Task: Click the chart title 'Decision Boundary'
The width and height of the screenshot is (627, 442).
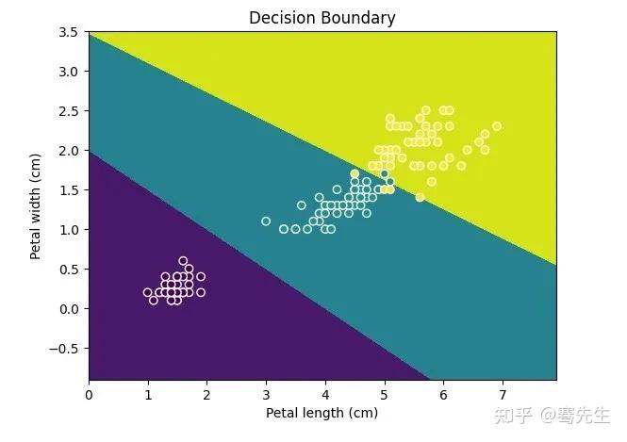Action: (322, 18)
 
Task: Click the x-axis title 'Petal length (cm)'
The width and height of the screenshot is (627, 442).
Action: (322, 413)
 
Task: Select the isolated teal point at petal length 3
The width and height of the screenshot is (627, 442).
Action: (266, 221)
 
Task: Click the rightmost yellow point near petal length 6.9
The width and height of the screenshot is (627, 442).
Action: (496, 126)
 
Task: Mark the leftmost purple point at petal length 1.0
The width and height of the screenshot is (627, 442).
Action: (148, 292)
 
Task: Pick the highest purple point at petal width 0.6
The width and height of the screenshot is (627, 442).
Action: (183, 261)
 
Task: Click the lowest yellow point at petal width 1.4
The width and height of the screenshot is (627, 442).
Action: (420, 197)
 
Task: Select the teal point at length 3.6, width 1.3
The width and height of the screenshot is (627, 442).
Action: (302, 205)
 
